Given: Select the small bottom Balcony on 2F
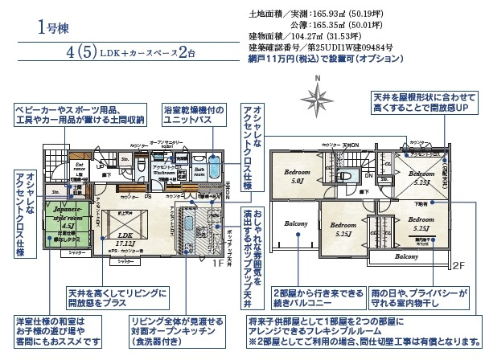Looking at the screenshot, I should coord(402,257).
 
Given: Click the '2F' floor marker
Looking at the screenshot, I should coord(458,264).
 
